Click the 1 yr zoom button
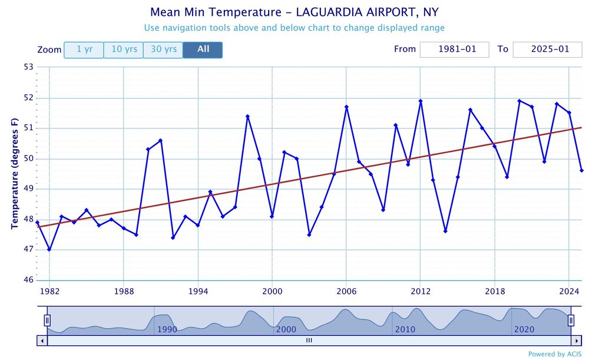(x=84, y=50)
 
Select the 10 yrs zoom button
(x=124, y=50)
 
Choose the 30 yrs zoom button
(x=163, y=50)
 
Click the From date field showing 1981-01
(x=454, y=49)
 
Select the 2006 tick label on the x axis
(x=346, y=292)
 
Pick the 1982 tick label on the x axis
(x=49, y=292)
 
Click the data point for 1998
(x=247, y=116)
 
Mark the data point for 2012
(x=421, y=101)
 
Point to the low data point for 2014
(x=445, y=231)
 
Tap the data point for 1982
(x=49, y=249)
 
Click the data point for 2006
(x=346, y=107)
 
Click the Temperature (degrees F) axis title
(x=15, y=174)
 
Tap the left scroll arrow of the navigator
(x=42, y=341)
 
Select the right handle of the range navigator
(x=571, y=321)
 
